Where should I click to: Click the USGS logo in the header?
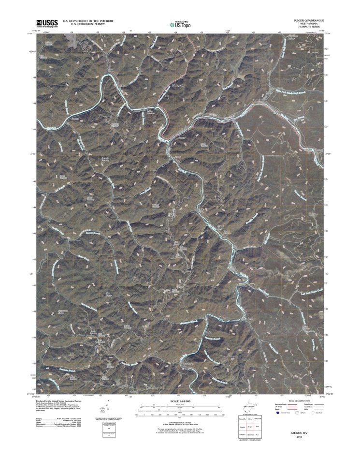pos(46,23)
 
